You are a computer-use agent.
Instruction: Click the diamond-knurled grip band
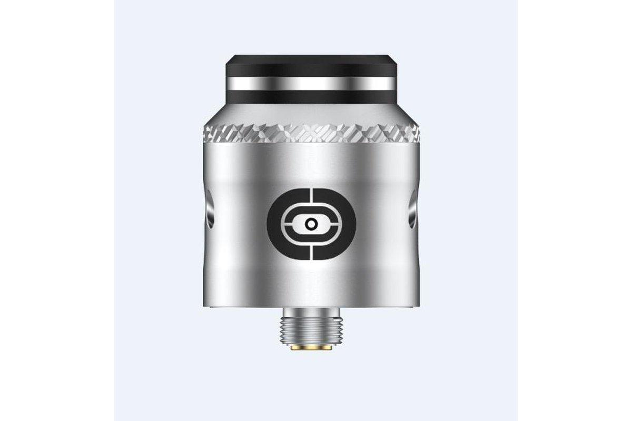[310, 134]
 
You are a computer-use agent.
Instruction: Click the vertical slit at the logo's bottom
[311, 251]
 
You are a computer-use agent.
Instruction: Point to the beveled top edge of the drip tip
[310, 57]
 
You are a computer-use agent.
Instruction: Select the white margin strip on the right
[575, 210]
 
